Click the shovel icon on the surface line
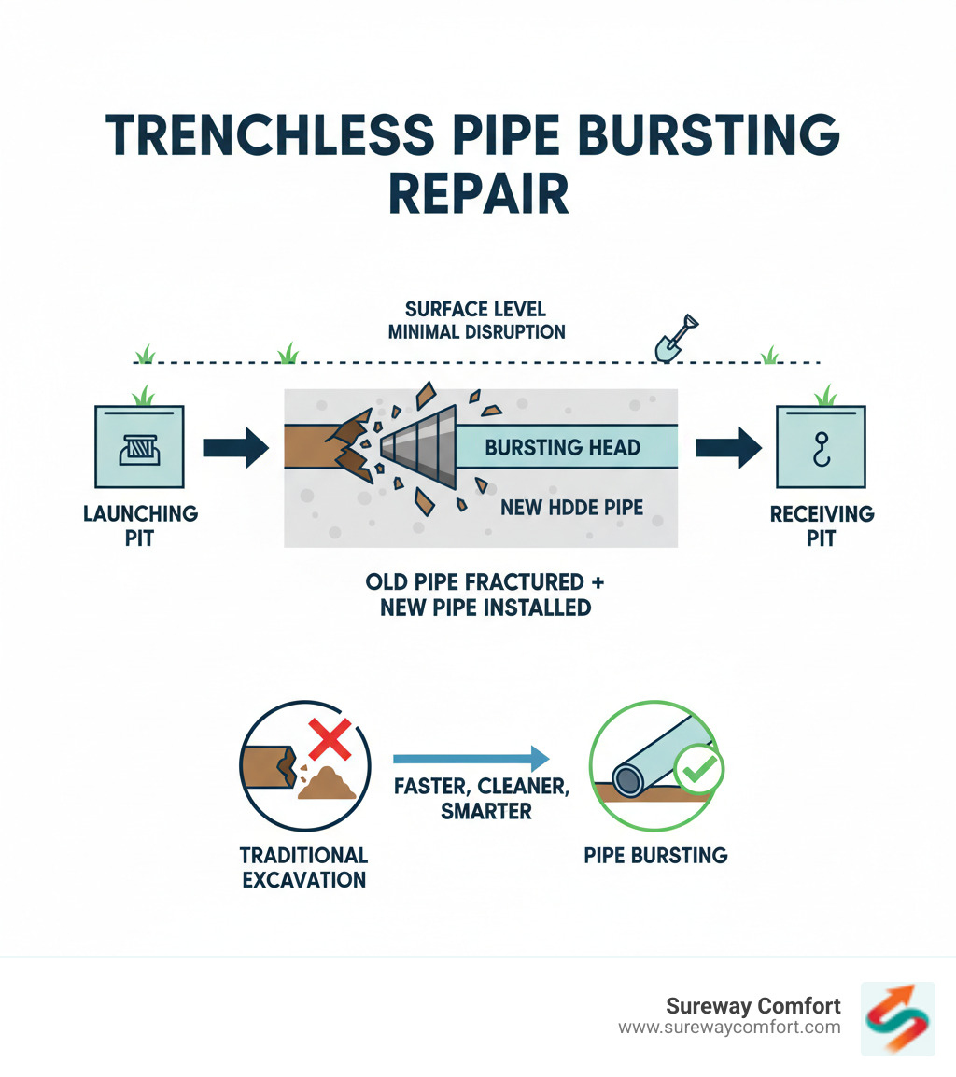(x=676, y=338)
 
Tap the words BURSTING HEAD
(x=562, y=446)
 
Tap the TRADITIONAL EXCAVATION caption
(x=303, y=867)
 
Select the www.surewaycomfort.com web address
(x=729, y=1028)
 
